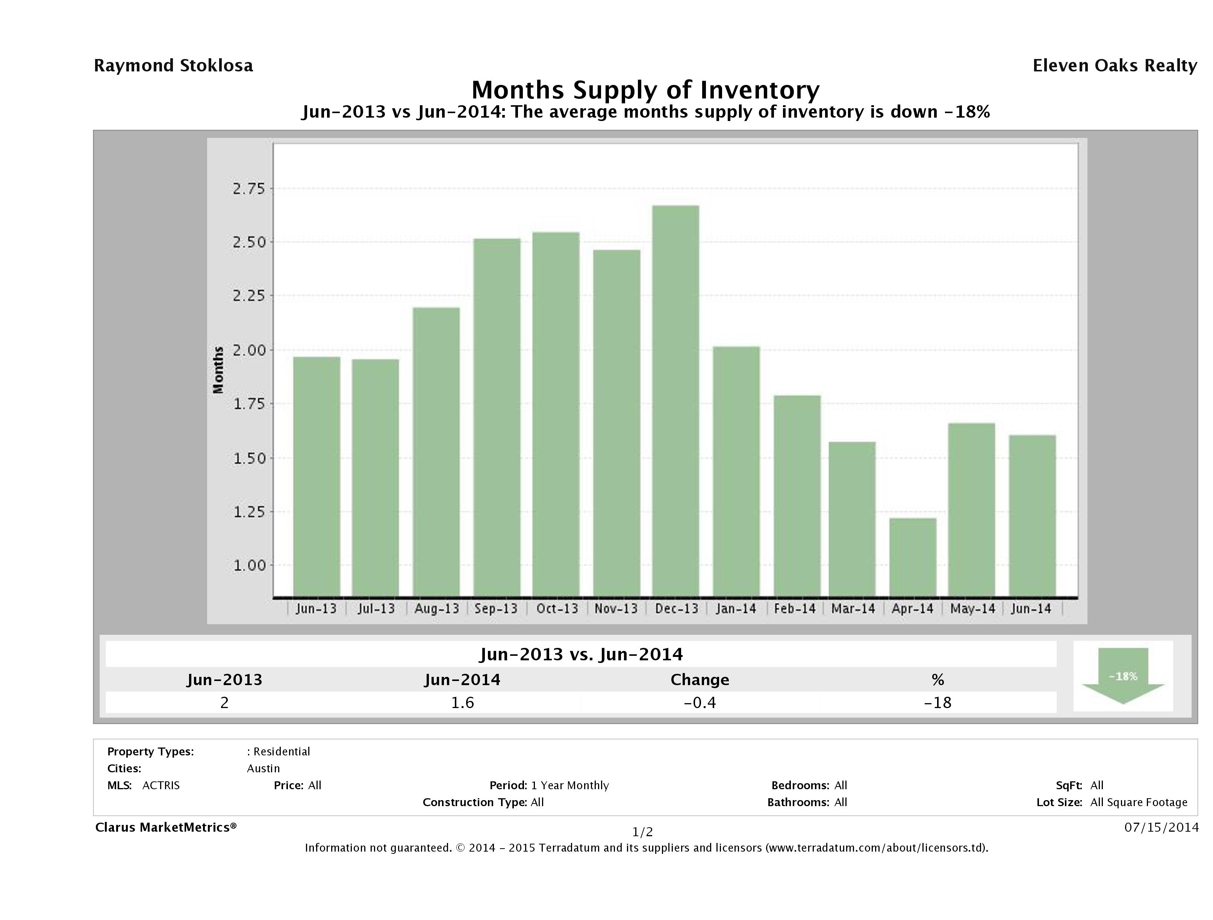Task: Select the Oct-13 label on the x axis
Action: click(557, 608)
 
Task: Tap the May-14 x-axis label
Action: click(972, 608)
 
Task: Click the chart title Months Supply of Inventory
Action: click(645, 90)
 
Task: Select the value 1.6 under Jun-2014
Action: click(462, 702)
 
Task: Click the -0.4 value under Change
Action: click(700, 702)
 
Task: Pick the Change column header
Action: click(700, 680)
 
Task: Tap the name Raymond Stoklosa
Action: click(173, 66)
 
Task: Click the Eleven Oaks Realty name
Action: click(1114, 66)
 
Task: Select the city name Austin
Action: click(263, 769)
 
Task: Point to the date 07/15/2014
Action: click(1161, 827)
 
